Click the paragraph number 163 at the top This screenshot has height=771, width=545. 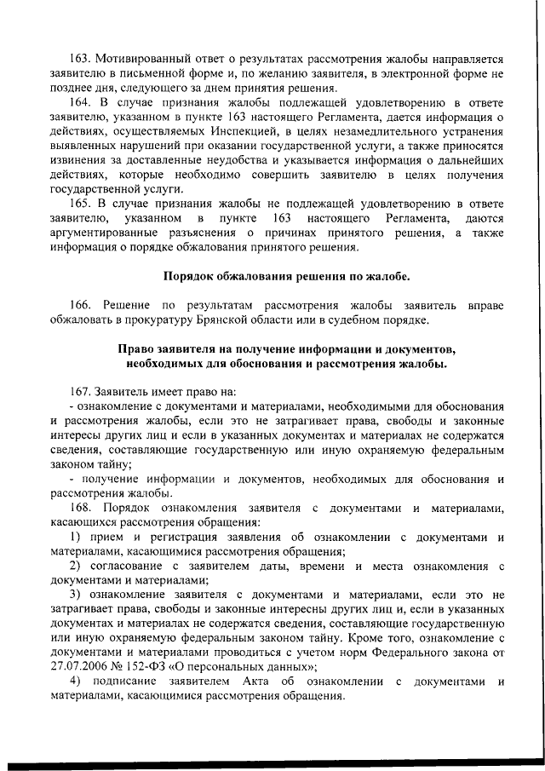click(x=82, y=60)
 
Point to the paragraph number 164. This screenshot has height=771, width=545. click(x=82, y=103)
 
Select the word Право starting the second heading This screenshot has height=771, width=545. click(x=135, y=350)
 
